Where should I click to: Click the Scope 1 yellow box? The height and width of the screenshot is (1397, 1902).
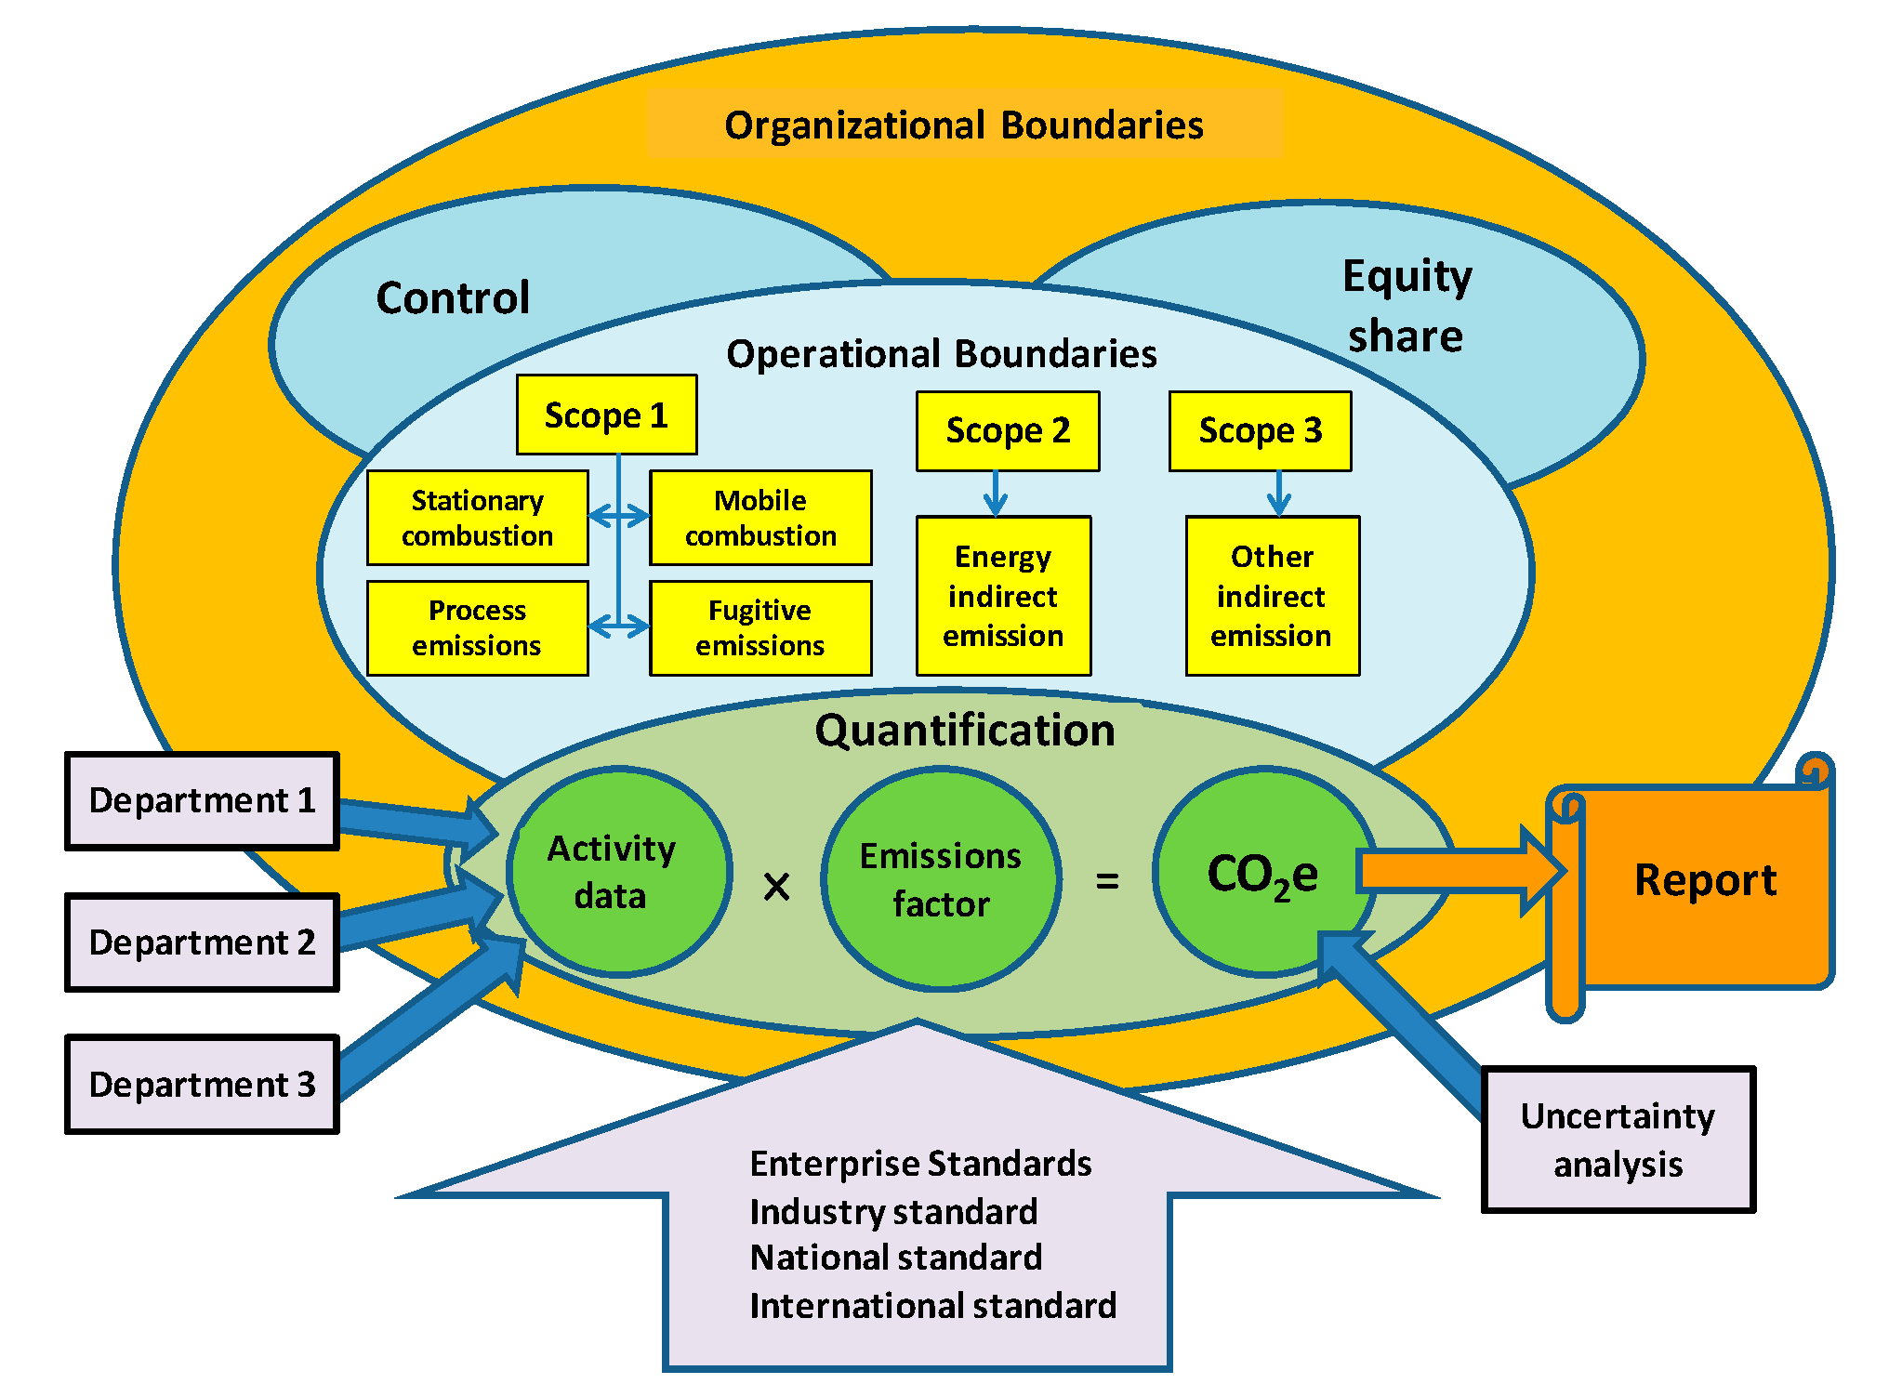(x=606, y=415)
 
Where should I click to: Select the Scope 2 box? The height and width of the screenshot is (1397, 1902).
(x=1008, y=430)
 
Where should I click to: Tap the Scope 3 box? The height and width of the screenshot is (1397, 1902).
(x=1260, y=430)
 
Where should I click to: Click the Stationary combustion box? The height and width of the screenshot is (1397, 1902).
(x=477, y=518)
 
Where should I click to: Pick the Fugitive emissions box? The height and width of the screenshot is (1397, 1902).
(x=759, y=627)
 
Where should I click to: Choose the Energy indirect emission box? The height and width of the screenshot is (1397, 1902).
(x=1003, y=596)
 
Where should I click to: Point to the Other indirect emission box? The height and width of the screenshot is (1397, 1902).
(x=1272, y=596)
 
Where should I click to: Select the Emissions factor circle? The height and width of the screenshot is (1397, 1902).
(x=941, y=879)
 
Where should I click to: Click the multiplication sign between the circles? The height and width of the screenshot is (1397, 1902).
(x=776, y=886)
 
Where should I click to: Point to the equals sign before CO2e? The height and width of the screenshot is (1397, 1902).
(x=1107, y=880)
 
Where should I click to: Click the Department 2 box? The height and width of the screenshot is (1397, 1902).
(x=202, y=942)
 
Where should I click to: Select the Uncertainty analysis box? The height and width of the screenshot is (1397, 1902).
(x=1618, y=1140)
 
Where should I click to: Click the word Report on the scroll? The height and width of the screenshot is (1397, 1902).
(x=1705, y=880)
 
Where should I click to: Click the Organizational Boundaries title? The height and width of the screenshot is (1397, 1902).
(x=963, y=125)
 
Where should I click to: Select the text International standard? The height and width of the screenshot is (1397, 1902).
(x=932, y=1306)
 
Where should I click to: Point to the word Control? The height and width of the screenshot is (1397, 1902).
(x=453, y=298)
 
